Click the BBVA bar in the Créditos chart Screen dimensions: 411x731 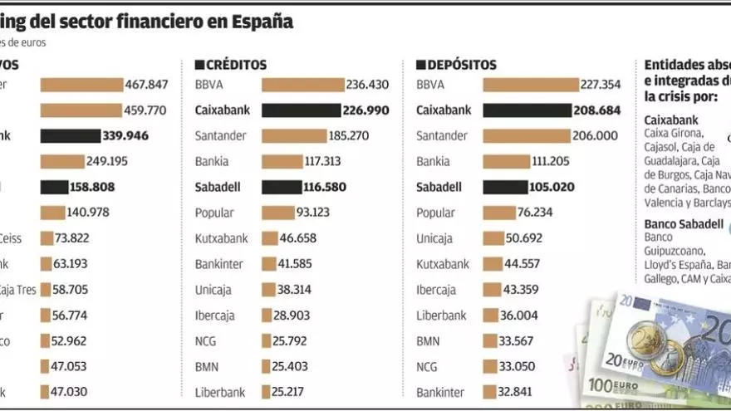[302, 85]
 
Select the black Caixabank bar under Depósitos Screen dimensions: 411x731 [525, 110]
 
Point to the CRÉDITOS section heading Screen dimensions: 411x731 [236, 64]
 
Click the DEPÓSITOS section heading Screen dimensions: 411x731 [461, 64]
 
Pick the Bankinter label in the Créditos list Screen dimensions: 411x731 [220, 264]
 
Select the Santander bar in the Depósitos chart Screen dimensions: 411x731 [527, 136]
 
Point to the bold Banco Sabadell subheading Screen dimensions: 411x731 [684, 224]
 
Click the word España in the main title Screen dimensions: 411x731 [264, 22]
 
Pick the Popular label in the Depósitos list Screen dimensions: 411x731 [435, 213]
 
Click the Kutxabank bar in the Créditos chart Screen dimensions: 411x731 [270, 238]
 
